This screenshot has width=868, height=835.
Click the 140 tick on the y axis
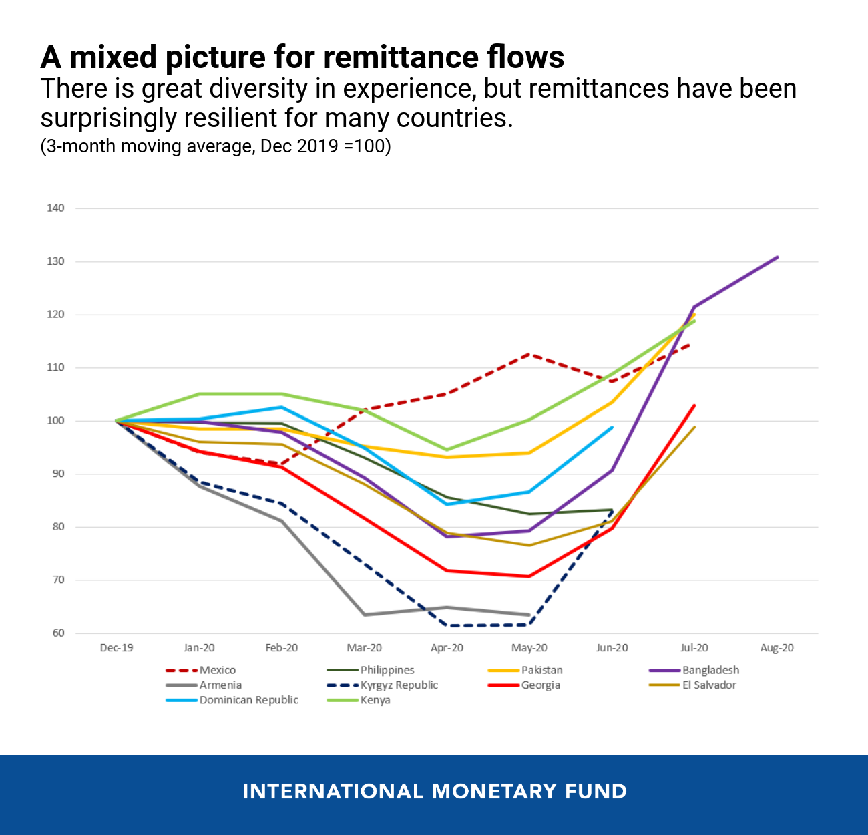[55, 208]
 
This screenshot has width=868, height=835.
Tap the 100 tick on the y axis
[55, 421]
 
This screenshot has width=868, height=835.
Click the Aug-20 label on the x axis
[777, 648]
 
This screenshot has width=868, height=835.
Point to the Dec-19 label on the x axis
[116, 648]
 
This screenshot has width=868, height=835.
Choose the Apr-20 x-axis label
[447, 648]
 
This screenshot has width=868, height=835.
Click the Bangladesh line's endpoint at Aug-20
[777, 257]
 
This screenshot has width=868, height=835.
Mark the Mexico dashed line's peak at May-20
[529, 354]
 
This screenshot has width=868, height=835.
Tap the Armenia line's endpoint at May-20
[529, 615]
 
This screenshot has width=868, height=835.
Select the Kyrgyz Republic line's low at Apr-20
[447, 625]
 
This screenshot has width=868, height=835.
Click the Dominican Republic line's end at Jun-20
[612, 427]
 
